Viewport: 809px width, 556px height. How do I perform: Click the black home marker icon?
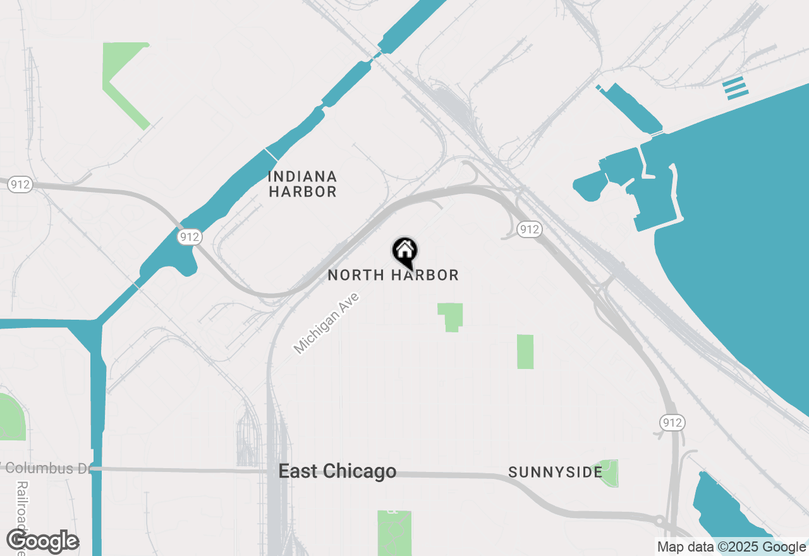coord(404,251)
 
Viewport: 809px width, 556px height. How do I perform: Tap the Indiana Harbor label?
coord(302,184)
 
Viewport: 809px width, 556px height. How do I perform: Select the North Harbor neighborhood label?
coord(392,275)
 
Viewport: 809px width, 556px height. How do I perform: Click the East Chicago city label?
coord(338,471)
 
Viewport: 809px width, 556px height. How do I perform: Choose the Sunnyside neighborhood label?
coord(555,473)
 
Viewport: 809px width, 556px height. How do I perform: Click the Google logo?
coord(43,541)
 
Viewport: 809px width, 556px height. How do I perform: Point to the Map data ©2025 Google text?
coord(731,547)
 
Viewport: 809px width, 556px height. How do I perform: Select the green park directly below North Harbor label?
coord(451,316)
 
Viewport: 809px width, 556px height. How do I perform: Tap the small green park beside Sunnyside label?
coord(608,473)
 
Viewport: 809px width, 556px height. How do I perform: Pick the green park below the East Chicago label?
coord(394,532)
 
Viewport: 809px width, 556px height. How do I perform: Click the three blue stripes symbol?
coord(736,88)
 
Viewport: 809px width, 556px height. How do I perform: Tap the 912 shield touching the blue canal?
coord(189,237)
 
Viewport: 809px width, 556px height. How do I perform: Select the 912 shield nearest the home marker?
coord(528,229)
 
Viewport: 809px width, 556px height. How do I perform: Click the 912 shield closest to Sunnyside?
coord(671,422)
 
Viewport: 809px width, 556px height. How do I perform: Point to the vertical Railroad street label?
coord(22,515)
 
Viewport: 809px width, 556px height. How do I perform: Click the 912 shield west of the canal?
coord(21,184)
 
